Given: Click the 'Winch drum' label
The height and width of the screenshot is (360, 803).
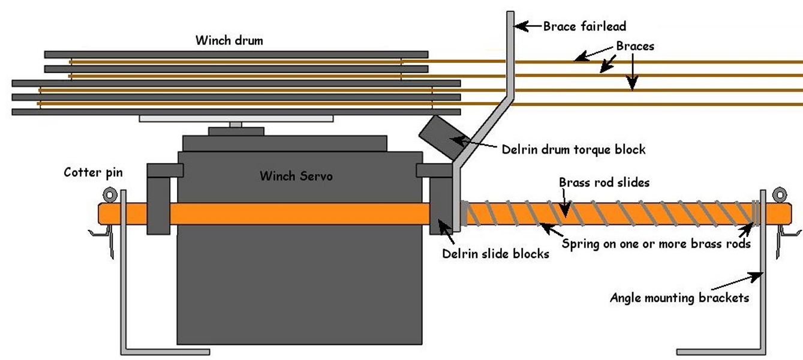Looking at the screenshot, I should click(229, 41).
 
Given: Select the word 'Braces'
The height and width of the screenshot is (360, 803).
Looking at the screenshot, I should click(635, 46).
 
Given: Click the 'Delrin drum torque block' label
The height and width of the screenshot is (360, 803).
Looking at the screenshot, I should click(573, 149).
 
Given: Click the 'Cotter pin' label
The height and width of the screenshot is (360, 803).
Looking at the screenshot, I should click(93, 173).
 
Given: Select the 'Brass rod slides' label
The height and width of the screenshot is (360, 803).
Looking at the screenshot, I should click(604, 182).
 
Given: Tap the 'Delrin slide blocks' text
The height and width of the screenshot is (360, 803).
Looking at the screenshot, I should click(495, 254).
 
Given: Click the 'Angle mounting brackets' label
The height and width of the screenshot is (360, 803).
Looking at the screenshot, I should click(679, 298).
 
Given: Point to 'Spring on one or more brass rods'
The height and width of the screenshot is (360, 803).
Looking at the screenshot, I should click(656, 244).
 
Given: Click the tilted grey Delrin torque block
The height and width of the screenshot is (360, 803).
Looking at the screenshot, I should click(440, 137).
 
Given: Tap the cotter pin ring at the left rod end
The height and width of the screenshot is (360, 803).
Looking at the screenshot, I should click(110, 194).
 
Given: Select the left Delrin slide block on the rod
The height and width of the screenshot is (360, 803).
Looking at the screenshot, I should click(158, 204).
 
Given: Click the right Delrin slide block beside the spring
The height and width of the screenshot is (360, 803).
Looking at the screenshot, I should click(441, 207).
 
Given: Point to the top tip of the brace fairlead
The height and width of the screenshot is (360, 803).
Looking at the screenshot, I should click(510, 13).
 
